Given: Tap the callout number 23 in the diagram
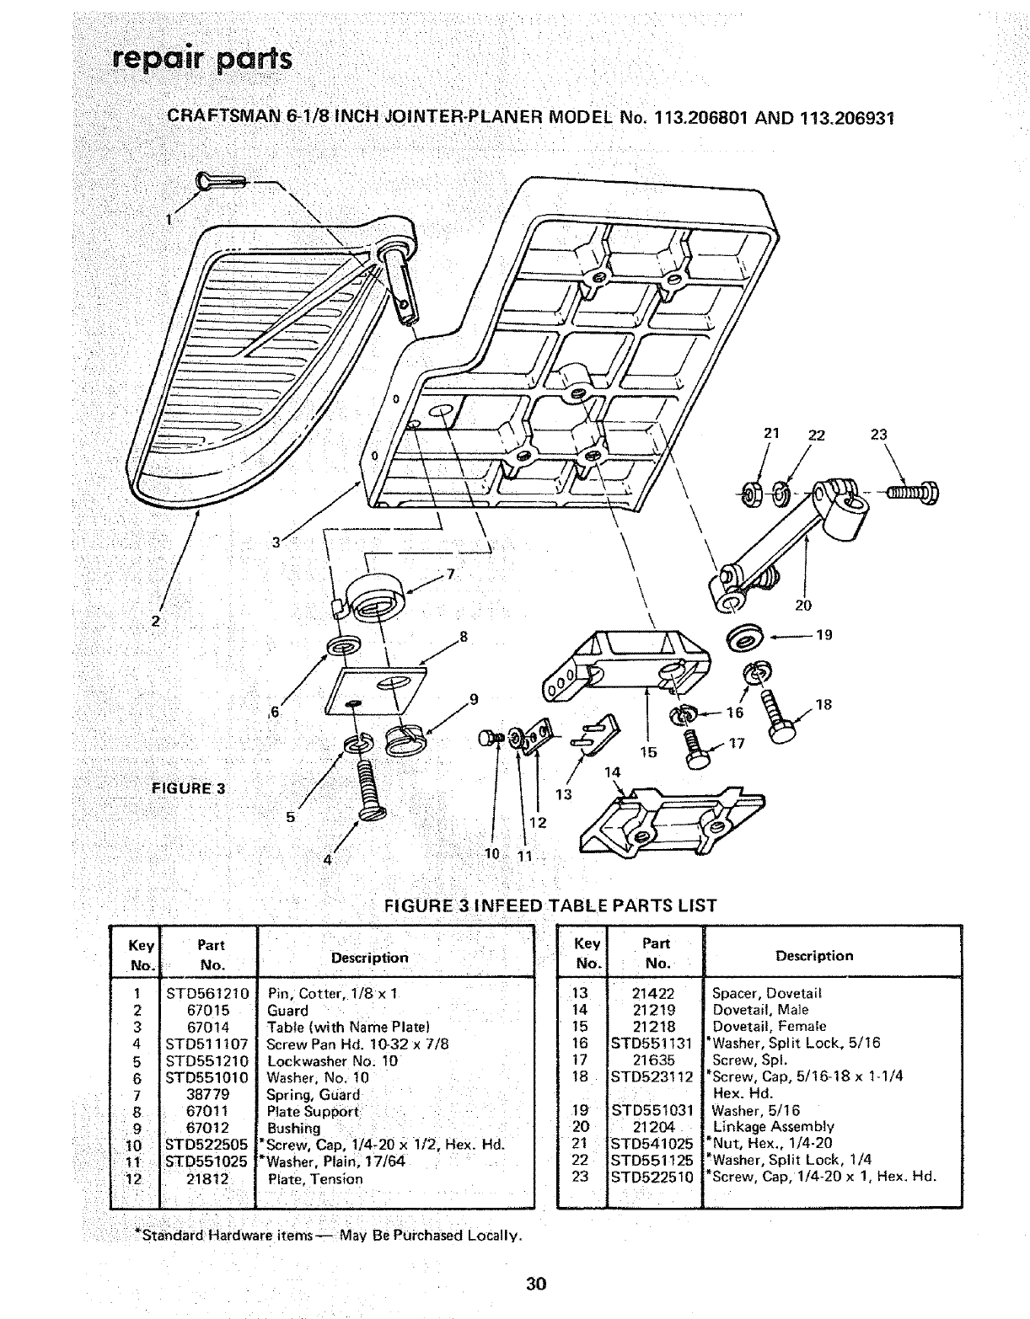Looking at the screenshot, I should click(879, 435).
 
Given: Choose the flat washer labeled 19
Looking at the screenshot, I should click(746, 638).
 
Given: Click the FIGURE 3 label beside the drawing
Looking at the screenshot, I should click(188, 788).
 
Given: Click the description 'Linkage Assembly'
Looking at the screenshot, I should click(773, 1126).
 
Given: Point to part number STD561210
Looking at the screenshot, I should click(206, 993).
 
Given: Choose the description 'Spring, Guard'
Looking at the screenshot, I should click(313, 1094).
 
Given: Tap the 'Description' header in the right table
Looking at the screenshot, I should click(814, 955).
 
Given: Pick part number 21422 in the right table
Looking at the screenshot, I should click(654, 993).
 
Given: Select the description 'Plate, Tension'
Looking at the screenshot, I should click(314, 1178).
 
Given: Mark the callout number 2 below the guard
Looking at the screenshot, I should click(155, 622).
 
